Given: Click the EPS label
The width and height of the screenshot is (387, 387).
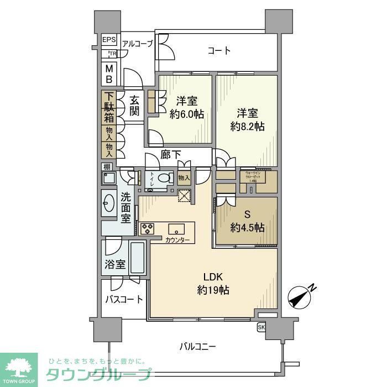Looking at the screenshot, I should click(x=109, y=40).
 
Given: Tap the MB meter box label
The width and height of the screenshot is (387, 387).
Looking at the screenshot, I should click(x=109, y=74).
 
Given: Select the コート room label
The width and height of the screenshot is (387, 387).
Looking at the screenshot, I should click(x=219, y=51).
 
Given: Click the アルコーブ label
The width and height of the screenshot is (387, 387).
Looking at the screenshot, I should click(x=137, y=43).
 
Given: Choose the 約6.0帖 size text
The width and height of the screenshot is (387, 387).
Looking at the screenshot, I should click(x=186, y=115).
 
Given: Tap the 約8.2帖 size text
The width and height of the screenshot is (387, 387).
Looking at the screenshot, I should click(x=247, y=126).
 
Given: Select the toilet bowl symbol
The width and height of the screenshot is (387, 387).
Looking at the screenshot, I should click(x=163, y=179).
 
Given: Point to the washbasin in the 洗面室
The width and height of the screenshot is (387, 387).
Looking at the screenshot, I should click(x=108, y=203).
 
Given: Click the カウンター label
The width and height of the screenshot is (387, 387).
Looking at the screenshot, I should click(x=177, y=240).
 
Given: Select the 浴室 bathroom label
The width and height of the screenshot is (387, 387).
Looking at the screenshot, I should click(x=114, y=265).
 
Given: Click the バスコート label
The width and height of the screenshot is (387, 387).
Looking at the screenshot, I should click(x=124, y=300).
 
